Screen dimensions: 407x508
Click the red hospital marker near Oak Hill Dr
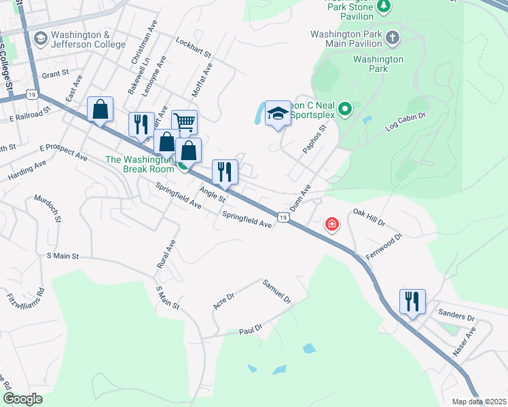pos(331,224)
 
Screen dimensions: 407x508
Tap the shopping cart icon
pos(184,122)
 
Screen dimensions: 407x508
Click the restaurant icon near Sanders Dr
pos(412,301)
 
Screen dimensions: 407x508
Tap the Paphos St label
pos(314,138)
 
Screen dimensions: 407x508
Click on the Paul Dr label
pos(251,330)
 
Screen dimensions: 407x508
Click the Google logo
pos(22,399)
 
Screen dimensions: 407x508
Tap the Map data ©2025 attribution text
pos(479,402)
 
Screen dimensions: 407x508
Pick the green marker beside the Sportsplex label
pos(345,109)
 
